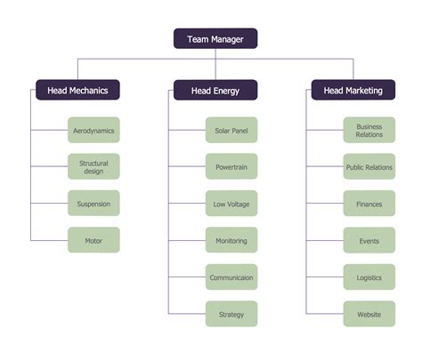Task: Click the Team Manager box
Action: click(x=215, y=38)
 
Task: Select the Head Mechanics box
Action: click(x=77, y=90)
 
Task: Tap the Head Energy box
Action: click(x=215, y=90)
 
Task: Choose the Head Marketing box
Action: click(x=353, y=90)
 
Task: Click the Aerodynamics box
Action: click(x=93, y=131)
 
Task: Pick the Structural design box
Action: click(x=93, y=167)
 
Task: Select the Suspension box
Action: click(x=93, y=204)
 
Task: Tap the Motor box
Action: click(x=93, y=240)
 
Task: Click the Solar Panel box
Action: click(x=231, y=131)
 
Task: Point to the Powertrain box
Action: click(x=231, y=167)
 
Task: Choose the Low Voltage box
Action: click(x=231, y=204)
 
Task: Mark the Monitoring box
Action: click(x=231, y=240)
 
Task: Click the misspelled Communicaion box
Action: click(x=231, y=277)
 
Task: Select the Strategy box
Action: click(x=231, y=314)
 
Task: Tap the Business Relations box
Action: click(x=369, y=131)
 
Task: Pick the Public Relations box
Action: click(x=369, y=167)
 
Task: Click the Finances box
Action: click(x=369, y=204)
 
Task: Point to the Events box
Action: click(x=369, y=240)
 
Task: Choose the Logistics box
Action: click(x=369, y=277)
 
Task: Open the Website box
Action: click(x=369, y=314)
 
